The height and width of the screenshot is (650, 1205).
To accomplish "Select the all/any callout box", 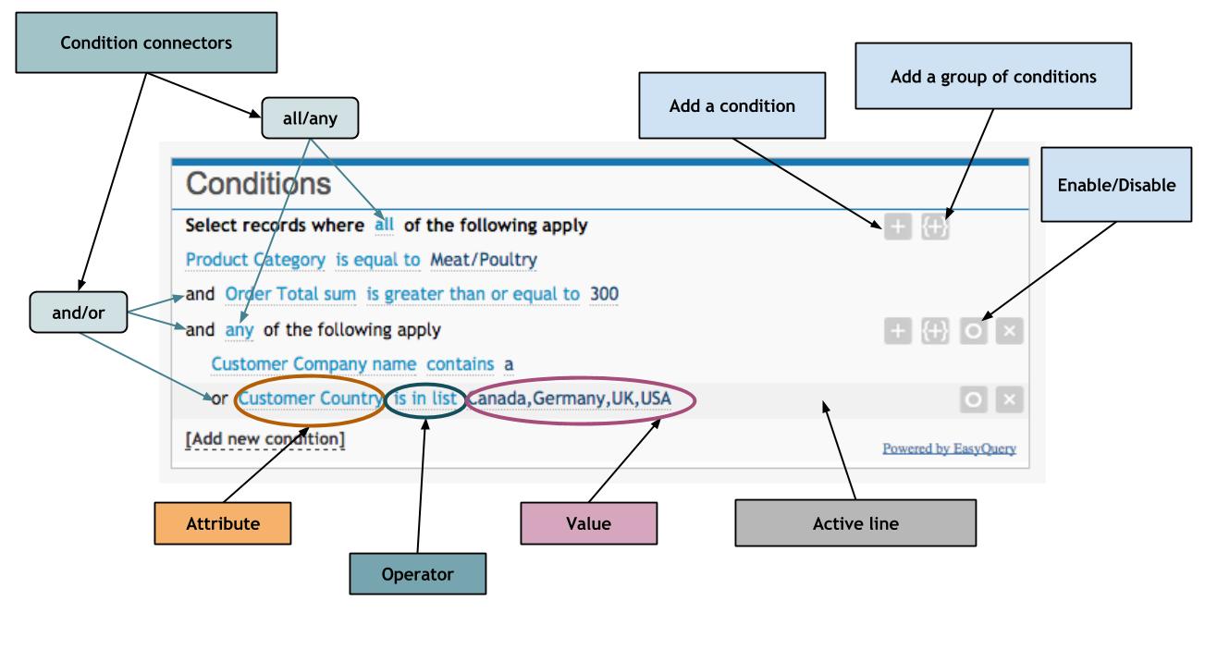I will (x=309, y=117).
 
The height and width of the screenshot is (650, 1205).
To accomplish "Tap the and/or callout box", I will (x=78, y=313).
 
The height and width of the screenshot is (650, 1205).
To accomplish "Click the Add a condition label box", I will (x=732, y=105).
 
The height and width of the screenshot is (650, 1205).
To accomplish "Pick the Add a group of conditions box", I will (x=993, y=78).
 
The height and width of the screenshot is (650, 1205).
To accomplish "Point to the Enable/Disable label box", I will (x=1117, y=185).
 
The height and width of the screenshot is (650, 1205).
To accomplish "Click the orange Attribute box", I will (x=222, y=523).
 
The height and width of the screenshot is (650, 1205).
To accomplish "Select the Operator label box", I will (x=418, y=574).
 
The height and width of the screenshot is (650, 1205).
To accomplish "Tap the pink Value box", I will (x=589, y=523).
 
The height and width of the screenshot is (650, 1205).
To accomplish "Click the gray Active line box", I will (x=855, y=523).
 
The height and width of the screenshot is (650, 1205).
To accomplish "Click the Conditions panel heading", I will (x=258, y=184).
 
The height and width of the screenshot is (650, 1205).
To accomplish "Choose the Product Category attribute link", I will (x=255, y=260).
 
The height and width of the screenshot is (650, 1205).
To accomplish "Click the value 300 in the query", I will (x=604, y=294).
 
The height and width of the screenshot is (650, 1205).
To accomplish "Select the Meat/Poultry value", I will (x=484, y=260).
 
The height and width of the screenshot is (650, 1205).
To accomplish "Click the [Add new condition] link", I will (x=265, y=438).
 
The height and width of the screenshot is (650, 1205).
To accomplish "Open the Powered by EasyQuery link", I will (x=949, y=448).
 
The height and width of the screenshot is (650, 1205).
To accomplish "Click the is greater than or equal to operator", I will (x=473, y=294).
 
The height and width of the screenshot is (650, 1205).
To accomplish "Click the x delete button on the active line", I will (x=1010, y=400).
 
